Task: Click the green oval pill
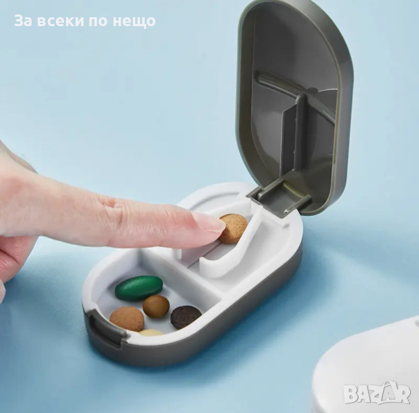click(139, 287)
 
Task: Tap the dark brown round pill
click(185, 317)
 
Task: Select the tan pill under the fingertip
click(234, 228)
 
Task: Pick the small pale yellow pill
click(151, 333)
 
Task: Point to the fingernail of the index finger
click(209, 222)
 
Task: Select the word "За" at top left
click(23, 21)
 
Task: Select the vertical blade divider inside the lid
click(299, 138)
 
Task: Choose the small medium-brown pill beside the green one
click(156, 306)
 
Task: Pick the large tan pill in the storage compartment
click(127, 319)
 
